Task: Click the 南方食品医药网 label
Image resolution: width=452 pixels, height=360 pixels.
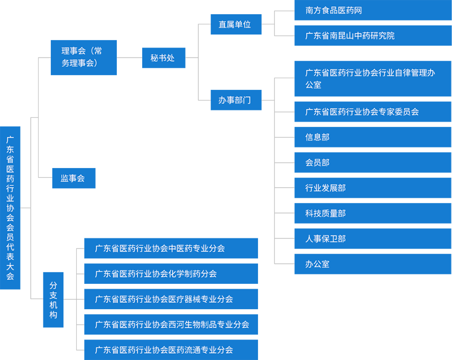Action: click(x=334, y=11)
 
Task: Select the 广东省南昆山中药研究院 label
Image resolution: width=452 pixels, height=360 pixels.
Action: click(x=350, y=36)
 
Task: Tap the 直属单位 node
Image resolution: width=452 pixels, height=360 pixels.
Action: click(x=235, y=24)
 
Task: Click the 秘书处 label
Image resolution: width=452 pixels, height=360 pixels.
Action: click(x=162, y=58)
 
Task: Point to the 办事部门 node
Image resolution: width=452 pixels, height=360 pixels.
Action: click(x=235, y=100)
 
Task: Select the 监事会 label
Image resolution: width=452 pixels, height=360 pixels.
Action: click(x=72, y=179)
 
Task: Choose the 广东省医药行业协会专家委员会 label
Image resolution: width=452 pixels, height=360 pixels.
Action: click(x=362, y=112)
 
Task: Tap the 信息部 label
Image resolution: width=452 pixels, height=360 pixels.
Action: click(x=317, y=137)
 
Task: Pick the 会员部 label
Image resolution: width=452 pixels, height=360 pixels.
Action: click(x=317, y=163)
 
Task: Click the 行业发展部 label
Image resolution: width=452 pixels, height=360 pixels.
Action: click(x=326, y=188)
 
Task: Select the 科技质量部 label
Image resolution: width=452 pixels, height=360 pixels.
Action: click(x=326, y=214)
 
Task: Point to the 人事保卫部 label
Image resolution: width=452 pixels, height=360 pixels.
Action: click(x=326, y=239)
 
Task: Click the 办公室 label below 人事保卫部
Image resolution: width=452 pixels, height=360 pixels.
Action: click(x=317, y=264)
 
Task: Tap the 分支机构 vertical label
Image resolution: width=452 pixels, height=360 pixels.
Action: click(x=53, y=300)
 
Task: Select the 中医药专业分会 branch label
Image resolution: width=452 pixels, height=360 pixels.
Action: click(x=160, y=248)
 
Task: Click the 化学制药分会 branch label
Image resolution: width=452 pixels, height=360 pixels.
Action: click(x=156, y=274)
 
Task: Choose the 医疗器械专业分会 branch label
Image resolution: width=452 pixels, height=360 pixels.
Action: click(x=164, y=299)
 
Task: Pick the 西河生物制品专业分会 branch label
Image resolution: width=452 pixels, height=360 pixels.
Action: click(x=172, y=325)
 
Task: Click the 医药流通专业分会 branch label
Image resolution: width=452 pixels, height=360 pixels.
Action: click(x=164, y=350)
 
